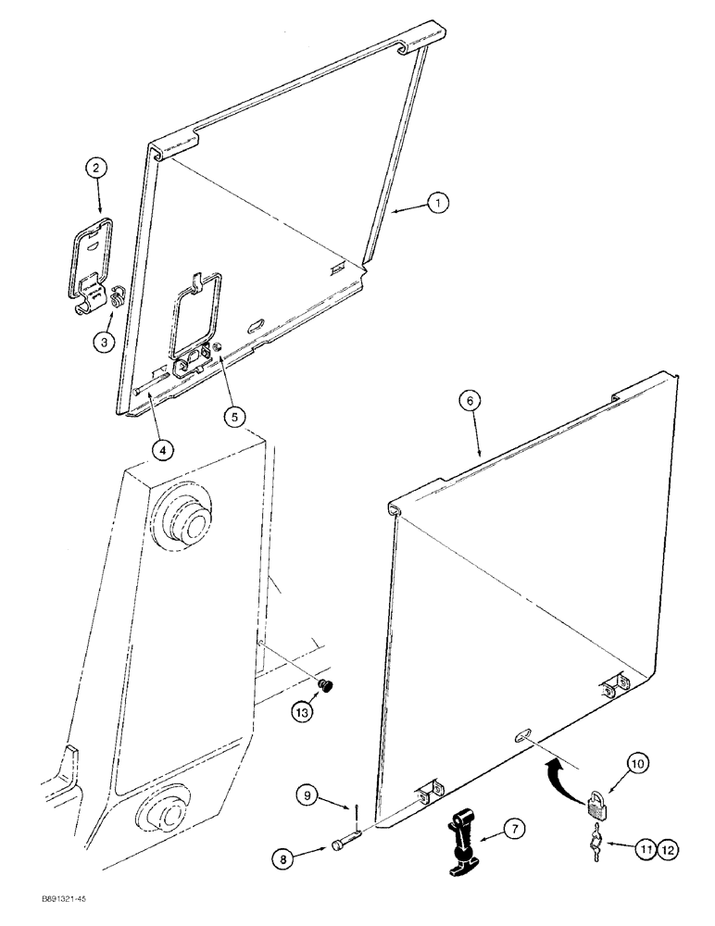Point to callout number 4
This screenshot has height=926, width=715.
[x=162, y=450]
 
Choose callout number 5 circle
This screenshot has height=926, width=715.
[x=233, y=417]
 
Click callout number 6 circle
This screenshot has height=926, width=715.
[x=471, y=400]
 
